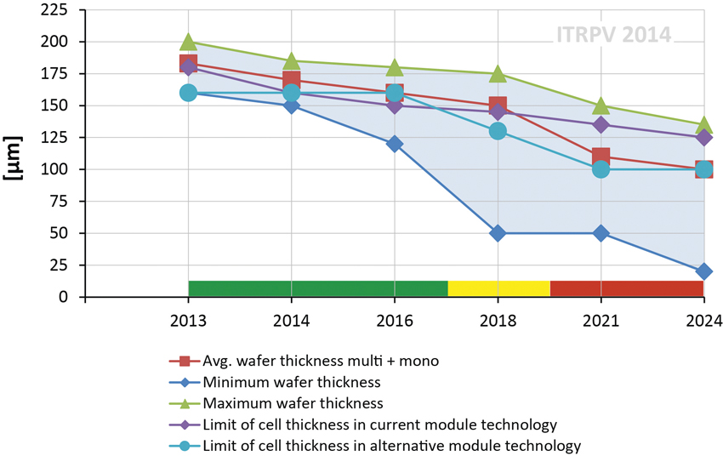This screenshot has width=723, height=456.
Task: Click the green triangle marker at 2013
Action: click(x=188, y=43)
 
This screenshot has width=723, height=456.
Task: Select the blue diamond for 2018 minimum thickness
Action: click(x=498, y=233)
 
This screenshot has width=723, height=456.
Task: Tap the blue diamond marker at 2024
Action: click(x=704, y=271)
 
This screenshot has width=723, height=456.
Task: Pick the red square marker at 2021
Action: click(x=601, y=157)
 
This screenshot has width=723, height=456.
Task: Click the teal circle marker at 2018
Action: click(x=498, y=131)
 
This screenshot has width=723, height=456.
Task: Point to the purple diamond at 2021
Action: click(x=601, y=125)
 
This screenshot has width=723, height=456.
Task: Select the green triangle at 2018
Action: click(x=498, y=74)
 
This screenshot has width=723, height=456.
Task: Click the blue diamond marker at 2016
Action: click(x=395, y=144)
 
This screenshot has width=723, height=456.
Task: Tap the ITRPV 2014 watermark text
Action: click(x=613, y=36)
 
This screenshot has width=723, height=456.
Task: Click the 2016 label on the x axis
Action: click(x=395, y=321)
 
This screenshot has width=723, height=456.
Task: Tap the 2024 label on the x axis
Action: click(x=704, y=321)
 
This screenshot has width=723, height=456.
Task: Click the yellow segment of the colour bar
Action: click(x=498, y=288)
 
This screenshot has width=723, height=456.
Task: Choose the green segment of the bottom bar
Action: click(x=317, y=288)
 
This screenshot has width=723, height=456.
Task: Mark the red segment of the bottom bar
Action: click(x=627, y=288)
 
